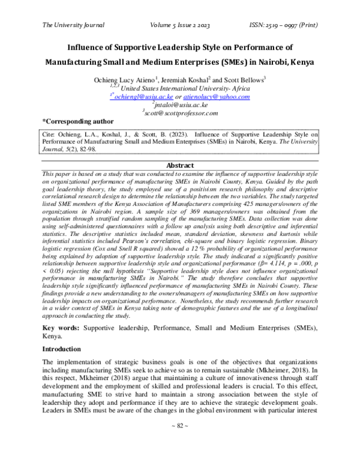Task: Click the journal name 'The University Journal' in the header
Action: (73, 25)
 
